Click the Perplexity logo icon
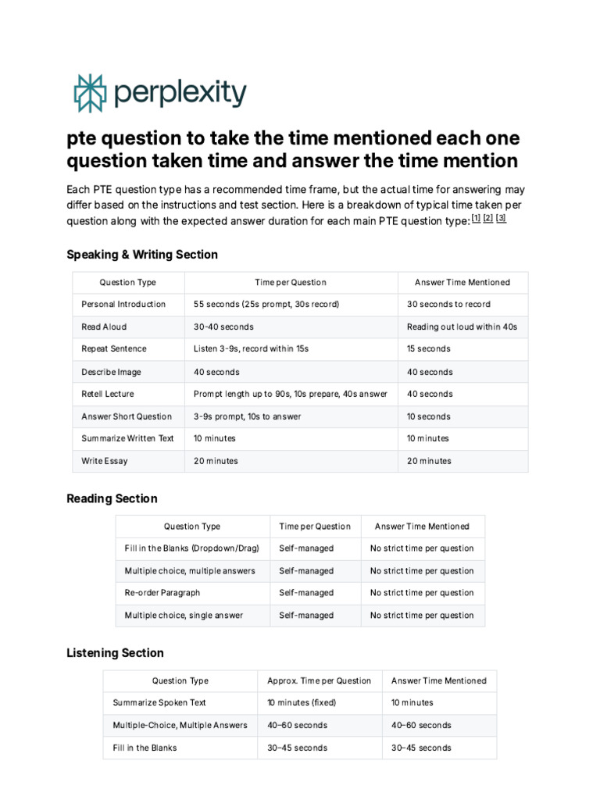click(88, 93)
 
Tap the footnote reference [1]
click(476, 219)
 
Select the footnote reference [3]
click(501, 219)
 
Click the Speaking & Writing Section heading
click(142, 255)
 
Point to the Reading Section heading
click(112, 498)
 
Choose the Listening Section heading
click(115, 652)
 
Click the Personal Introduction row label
click(123, 304)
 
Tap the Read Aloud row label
click(104, 327)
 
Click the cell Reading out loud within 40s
click(462, 327)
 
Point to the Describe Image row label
click(111, 372)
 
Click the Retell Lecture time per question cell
click(290, 394)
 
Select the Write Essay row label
click(105, 461)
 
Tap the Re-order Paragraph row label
click(162, 592)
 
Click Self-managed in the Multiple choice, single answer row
click(306, 615)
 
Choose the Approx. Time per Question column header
click(319, 680)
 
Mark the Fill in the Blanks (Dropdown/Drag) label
click(191, 548)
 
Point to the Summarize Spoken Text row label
click(159, 702)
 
